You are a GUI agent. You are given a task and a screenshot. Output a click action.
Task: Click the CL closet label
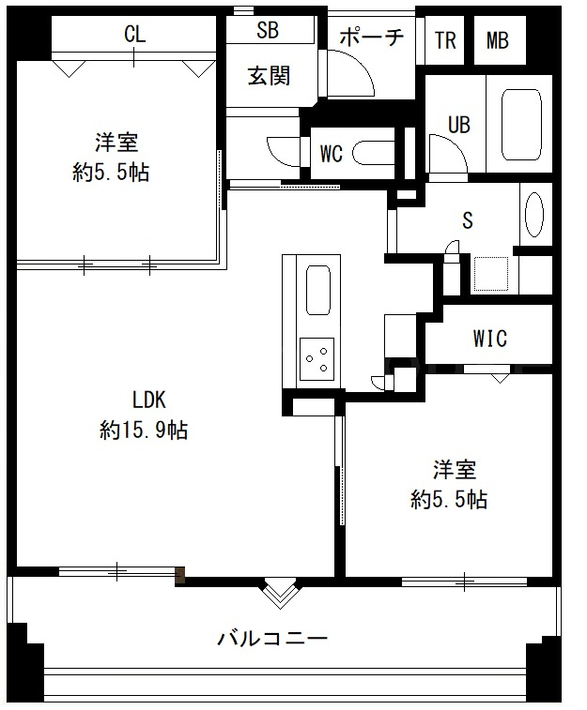tap(134, 34)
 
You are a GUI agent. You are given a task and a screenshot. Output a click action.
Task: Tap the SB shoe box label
tap(268, 30)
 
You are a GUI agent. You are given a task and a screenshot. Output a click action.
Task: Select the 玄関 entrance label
tap(269, 76)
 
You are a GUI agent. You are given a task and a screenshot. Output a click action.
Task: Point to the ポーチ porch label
tap(372, 38)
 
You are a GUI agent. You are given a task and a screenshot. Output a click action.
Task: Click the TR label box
tap(445, 40)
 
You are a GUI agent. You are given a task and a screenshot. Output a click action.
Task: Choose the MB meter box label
tap(497, 40)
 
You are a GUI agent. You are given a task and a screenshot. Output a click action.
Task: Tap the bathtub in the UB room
tap(522, 125)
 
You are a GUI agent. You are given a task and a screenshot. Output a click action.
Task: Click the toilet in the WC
tap(373, 153)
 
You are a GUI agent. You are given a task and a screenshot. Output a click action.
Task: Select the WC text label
tap(332, 154)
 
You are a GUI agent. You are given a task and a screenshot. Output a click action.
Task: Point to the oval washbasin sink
tap(534, 215)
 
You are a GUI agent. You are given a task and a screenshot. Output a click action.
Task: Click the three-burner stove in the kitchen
tap(317, 359)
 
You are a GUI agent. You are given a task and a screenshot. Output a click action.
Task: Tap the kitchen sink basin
tap(317, 289)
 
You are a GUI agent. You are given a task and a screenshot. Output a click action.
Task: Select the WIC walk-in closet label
tap(489, 338)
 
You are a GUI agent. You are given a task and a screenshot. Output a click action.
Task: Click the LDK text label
tap(148, 400)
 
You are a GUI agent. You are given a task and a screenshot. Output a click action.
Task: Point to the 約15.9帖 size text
tap(144, 430)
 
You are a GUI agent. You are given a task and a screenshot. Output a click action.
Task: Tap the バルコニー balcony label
tap(272, 639)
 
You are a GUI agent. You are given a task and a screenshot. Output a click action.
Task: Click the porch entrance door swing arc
tap(362, 64)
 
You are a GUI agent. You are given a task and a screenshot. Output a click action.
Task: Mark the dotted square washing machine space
tap(491, 274)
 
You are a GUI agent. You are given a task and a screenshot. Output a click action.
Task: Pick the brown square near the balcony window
tap(180, 575)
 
